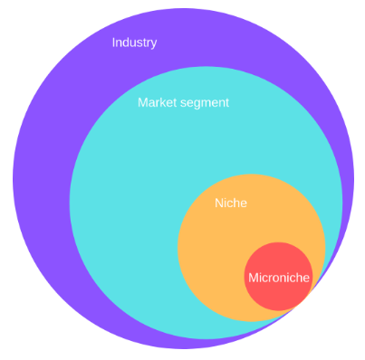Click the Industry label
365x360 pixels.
pyautogui.click(x=134, y=43)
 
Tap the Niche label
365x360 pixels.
pyautogui.click(x=230, y=204)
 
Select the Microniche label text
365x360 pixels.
pyautogui.click(x=278, y=277)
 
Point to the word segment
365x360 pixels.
pyautogui.click(x=205, y=103)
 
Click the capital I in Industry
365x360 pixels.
pyautogui.click(x=113, y=43)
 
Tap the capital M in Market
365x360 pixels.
pyautogui.click(x=142, y=102)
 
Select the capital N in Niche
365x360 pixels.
pyautogui.click(x=218, y=204)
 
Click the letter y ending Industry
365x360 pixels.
pyautogui.click(x=154, y=44)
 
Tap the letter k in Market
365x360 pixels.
pyautogui.click(x=164, y=102)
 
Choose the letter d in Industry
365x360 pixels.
pyautogui.click(x=128, y=43)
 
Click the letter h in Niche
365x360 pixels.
pyautogui.click(x=236, y=204)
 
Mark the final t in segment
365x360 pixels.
pyautogui.click(x=227, y=102)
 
